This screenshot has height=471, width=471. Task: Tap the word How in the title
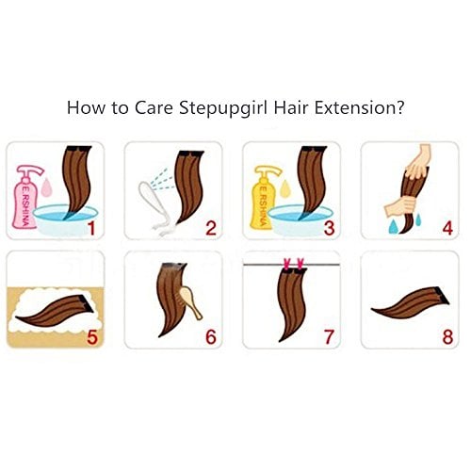82,108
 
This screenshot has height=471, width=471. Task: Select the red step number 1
90,227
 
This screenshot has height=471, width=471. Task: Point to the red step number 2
210,227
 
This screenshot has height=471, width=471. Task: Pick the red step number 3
328,227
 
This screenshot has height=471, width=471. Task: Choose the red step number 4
447,227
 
